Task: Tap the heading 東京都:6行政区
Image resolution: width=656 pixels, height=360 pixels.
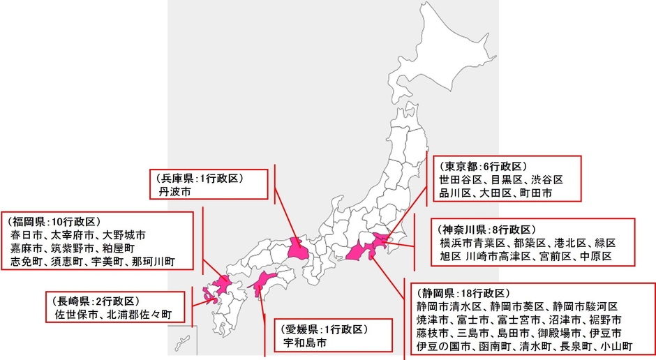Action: click(482, 167)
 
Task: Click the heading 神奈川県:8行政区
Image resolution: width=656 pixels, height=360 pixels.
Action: click(486, 230)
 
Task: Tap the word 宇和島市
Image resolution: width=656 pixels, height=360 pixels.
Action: click(304, 343)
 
